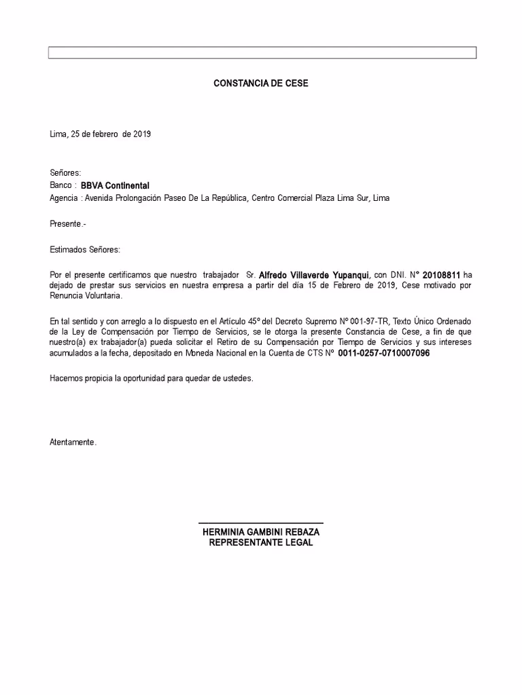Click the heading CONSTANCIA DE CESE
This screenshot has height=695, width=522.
261,83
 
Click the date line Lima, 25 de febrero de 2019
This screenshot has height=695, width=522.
101,134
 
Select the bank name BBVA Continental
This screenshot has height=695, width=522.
115,185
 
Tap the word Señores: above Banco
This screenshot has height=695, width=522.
65,173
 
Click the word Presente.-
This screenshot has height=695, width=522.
68,223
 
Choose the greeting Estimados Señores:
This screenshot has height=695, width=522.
85,249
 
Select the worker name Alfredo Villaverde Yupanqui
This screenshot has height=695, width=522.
314,275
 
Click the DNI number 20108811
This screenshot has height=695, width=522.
441,275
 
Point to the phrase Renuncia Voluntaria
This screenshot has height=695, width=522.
86,297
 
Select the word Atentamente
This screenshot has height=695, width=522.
73,443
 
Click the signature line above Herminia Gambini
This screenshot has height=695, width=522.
260,523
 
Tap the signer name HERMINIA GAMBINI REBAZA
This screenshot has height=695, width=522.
261,533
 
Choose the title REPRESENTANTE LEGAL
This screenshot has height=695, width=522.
261,543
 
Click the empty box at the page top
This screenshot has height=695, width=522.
262,53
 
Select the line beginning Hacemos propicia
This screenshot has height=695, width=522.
151,378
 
